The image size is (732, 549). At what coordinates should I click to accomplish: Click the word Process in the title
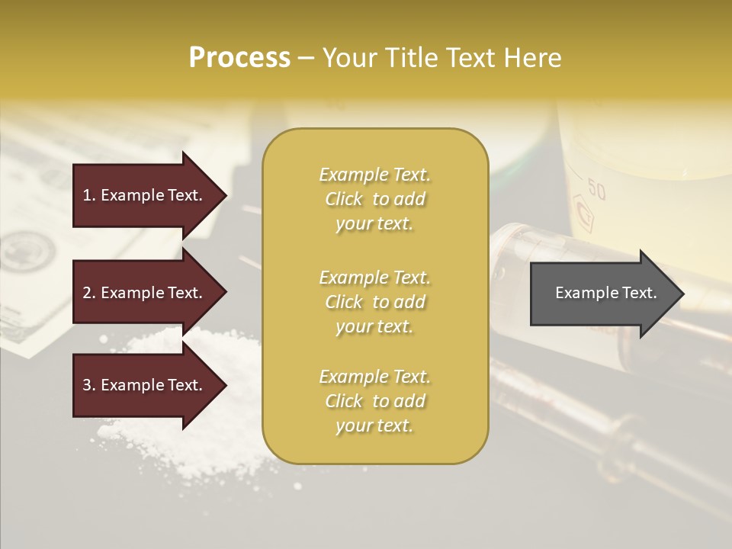[x=239, y=57]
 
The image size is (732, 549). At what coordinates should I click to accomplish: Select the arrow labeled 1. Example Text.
[x=145, y=195]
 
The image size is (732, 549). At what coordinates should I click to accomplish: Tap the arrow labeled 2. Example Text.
[x=145, y=293]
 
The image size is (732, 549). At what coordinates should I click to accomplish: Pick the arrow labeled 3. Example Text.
[x=145, y=385]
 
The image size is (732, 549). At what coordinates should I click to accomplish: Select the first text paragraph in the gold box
[x=374, y=199]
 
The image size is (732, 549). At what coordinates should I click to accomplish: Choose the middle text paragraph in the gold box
[x=374, y=302]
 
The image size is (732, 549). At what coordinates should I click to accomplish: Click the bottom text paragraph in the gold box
[x=374, y=401]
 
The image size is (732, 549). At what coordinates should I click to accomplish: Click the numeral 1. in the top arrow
[x=88, y=195]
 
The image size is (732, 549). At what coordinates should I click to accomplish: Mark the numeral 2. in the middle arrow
[x=88, y=293]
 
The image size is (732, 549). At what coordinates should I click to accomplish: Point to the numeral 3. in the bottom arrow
[x=88, y=385]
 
